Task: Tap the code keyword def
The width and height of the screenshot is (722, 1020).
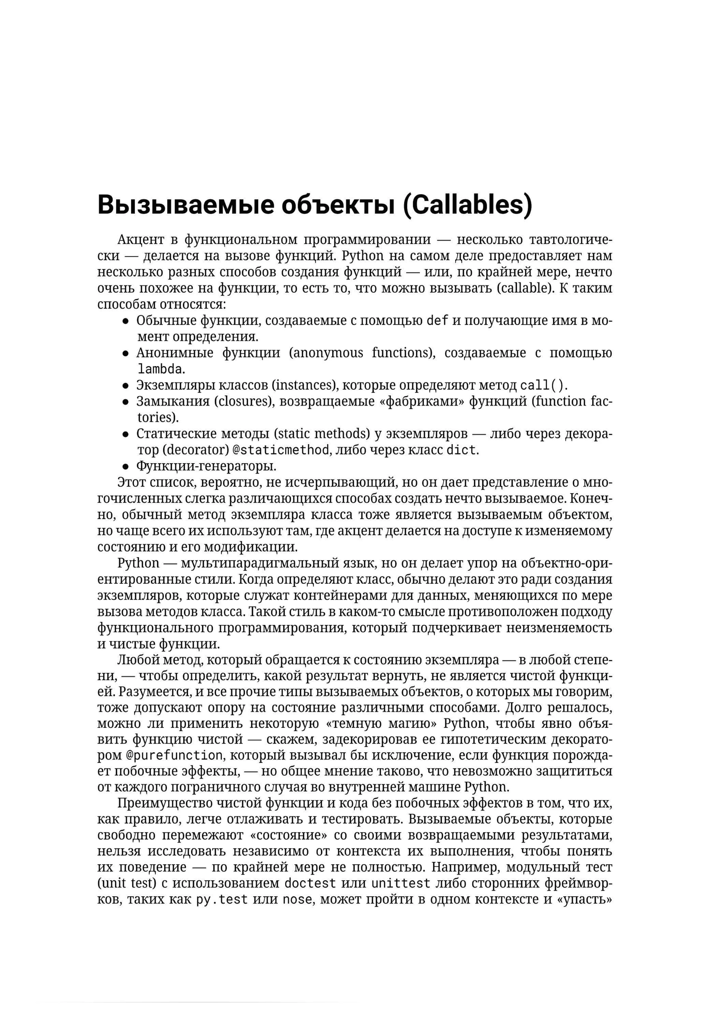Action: [x=438, y=320]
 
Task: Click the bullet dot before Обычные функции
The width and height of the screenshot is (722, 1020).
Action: [x=126, y=321]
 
